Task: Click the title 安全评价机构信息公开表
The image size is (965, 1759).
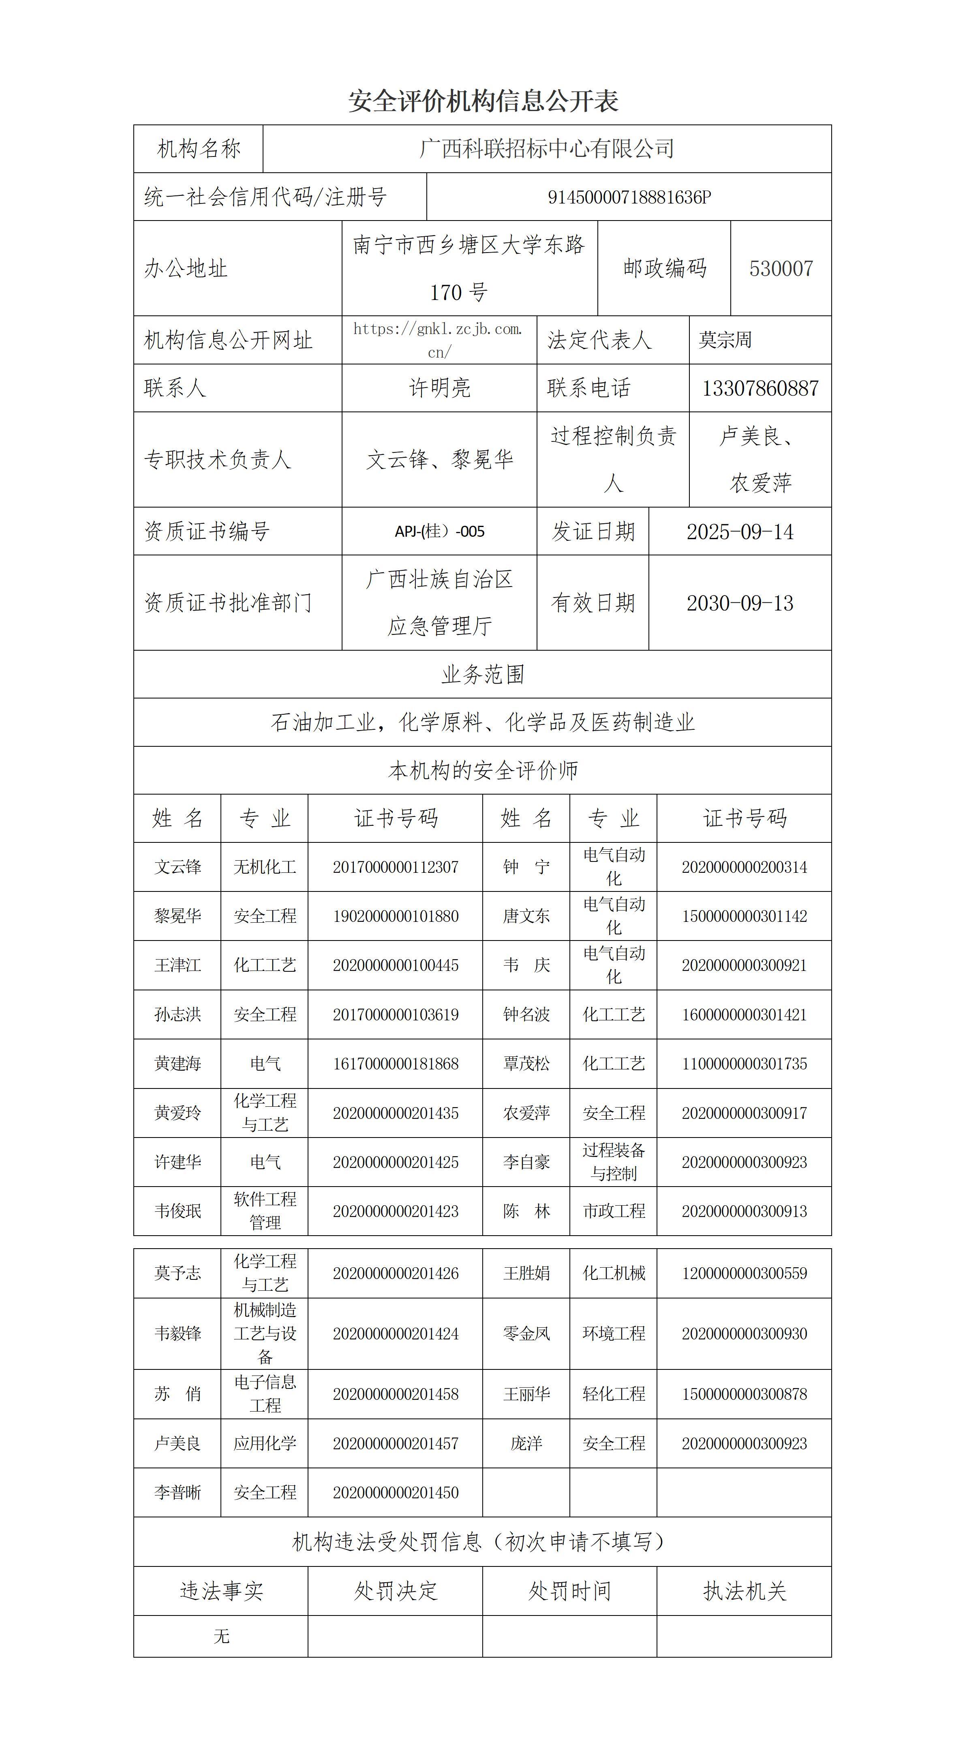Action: [x=483, y=101]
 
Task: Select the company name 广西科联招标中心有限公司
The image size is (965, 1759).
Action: [x=547, y=148]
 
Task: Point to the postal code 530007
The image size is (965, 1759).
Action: [x=781, y=268]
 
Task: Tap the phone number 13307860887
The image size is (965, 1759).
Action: [x=760, y=388]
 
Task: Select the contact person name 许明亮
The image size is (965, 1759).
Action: [x=439, y=388]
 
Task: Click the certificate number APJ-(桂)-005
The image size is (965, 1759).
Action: [x=439, y=531]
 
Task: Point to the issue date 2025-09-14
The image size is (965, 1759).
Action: [x=740, y=531]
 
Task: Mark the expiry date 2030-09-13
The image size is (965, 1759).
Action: [x=740, y=603]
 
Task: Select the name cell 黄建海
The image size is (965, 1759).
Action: [x=178, y=1064]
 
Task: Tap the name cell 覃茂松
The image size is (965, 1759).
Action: [x=526, y=1064]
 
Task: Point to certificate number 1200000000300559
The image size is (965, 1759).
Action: [x=744, y=1273]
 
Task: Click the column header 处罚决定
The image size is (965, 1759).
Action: [x=395, y=1591]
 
